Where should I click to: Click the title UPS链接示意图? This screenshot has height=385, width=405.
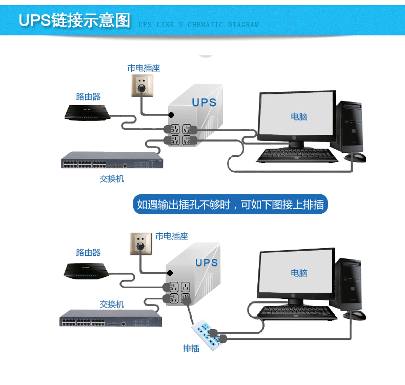74,21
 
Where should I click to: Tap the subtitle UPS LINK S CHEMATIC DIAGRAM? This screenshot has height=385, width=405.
198,25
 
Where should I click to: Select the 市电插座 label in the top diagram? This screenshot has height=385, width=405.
144,68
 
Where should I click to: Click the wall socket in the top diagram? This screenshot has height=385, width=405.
144,85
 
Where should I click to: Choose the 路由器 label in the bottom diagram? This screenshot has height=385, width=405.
88,252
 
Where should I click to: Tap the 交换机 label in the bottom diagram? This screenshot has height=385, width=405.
112,304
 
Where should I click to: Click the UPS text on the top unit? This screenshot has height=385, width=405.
204,103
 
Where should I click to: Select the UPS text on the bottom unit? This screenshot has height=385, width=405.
206,262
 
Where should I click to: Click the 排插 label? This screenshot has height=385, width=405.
191,349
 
